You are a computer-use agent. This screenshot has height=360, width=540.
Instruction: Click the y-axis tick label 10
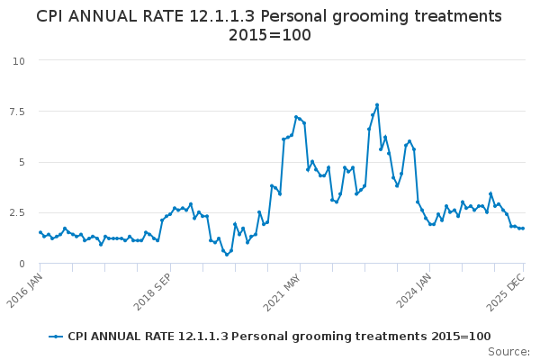pos(18,60)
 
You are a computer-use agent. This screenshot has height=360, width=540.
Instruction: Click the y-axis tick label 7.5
pos(15,112)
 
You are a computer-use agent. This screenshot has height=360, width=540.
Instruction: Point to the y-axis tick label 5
pos(21,162)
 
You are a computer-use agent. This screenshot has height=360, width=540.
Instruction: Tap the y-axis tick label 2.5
pos(15,212)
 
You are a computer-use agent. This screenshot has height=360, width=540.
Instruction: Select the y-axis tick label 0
pos(21,264)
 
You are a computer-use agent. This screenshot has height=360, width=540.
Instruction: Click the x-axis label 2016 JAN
pos(27,288)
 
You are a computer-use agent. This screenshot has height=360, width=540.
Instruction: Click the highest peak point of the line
pos(377,104)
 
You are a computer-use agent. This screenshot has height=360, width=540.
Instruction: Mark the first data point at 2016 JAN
pos(40,232)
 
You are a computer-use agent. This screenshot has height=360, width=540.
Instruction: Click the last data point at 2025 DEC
pos(523,229)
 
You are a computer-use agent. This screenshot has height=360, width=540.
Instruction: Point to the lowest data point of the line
pos(227,255)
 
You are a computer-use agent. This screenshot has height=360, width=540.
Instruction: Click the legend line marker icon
pos(57,337)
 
